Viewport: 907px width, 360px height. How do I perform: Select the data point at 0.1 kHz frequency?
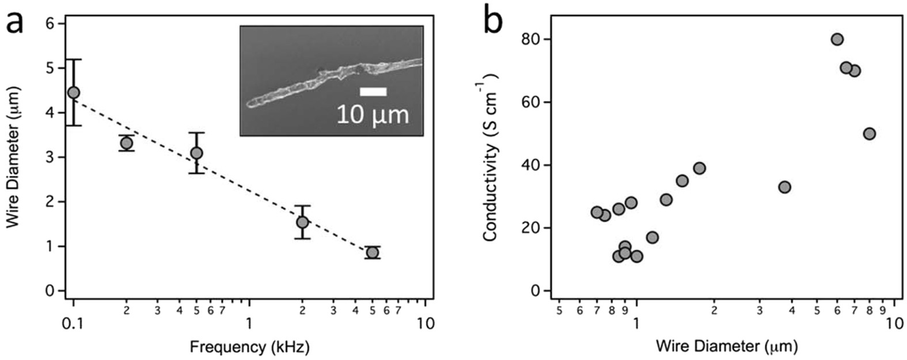point(73,92)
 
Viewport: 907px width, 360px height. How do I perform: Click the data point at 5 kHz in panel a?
point(373,252)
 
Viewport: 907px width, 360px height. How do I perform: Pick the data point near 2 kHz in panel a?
point(302,222)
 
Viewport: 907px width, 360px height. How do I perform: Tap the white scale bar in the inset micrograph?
point(373,92)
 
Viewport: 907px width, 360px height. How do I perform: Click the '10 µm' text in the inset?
point(373,115)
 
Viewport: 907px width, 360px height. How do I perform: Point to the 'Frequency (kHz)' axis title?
point(249,347)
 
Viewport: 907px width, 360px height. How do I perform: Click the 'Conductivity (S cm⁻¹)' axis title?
point(490,157)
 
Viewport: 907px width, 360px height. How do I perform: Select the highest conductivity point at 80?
point(837,39)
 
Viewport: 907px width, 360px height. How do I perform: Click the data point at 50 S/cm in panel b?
point(870,134)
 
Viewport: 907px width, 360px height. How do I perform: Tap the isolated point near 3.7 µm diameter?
point(784,187)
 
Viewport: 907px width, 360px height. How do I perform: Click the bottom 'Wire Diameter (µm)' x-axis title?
point(726,346)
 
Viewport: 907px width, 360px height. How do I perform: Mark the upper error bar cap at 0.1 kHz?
point(73,59)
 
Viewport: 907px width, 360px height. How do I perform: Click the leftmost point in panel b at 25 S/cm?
point(597,212)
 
